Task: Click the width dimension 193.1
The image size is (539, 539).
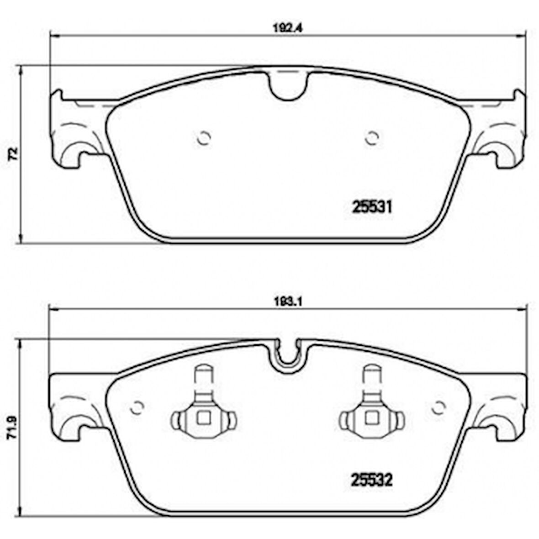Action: (287, 301)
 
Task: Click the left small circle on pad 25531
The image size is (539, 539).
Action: (203, 137)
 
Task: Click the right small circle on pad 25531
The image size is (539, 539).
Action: (373, 137)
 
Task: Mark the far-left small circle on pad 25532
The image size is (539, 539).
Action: (136, 407)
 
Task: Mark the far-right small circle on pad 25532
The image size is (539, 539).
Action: (439, 406)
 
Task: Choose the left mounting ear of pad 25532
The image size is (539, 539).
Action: (73, 407)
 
